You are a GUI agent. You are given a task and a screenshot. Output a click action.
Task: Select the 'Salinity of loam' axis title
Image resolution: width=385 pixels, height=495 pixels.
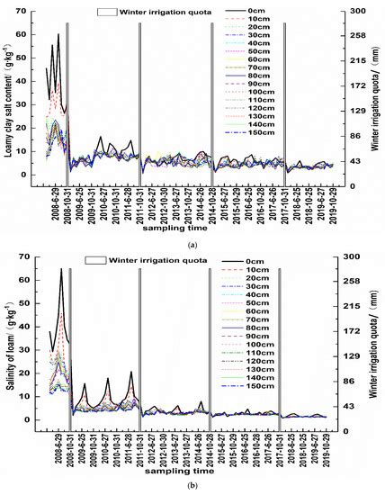point(8,342)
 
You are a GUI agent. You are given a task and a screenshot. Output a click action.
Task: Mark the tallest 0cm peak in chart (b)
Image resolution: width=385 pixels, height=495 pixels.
point(61,269)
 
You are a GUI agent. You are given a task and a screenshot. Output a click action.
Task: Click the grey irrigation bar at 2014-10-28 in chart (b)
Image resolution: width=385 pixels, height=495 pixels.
point(211,346)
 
